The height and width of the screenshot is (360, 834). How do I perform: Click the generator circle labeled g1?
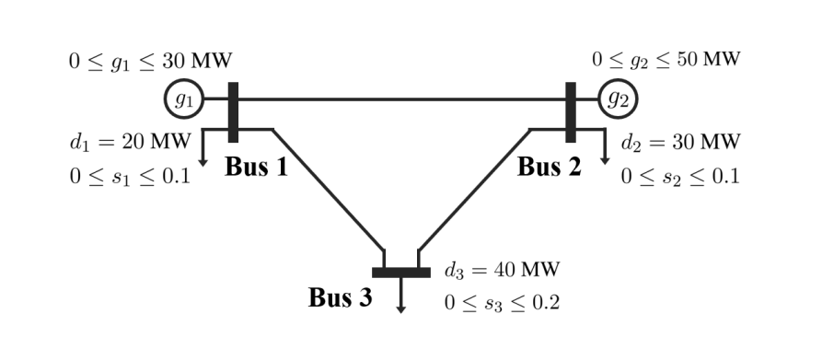[184, 99]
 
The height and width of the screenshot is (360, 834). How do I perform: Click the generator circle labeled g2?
[617, 99]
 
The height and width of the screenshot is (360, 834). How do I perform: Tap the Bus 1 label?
[255, 168]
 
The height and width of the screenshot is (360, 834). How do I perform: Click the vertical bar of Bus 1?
[233, 112]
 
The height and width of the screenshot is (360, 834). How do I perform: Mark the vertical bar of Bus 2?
[571, 112]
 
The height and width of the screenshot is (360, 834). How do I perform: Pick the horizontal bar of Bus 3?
[400, 273]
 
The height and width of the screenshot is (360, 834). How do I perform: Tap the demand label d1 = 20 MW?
[129, 142]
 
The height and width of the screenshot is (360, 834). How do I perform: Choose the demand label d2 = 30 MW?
[680, 142]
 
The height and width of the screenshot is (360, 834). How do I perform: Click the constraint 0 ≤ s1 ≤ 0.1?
[129, 175]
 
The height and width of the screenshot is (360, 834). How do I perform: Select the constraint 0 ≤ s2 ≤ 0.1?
[680, 175]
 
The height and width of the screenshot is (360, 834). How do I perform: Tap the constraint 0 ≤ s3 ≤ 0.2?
[502, 302]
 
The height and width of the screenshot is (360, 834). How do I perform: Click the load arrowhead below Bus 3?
[400, 308]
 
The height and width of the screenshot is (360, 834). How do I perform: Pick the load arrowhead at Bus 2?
[605, 160]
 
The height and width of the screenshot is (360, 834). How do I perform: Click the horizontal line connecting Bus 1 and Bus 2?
[401, 99]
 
